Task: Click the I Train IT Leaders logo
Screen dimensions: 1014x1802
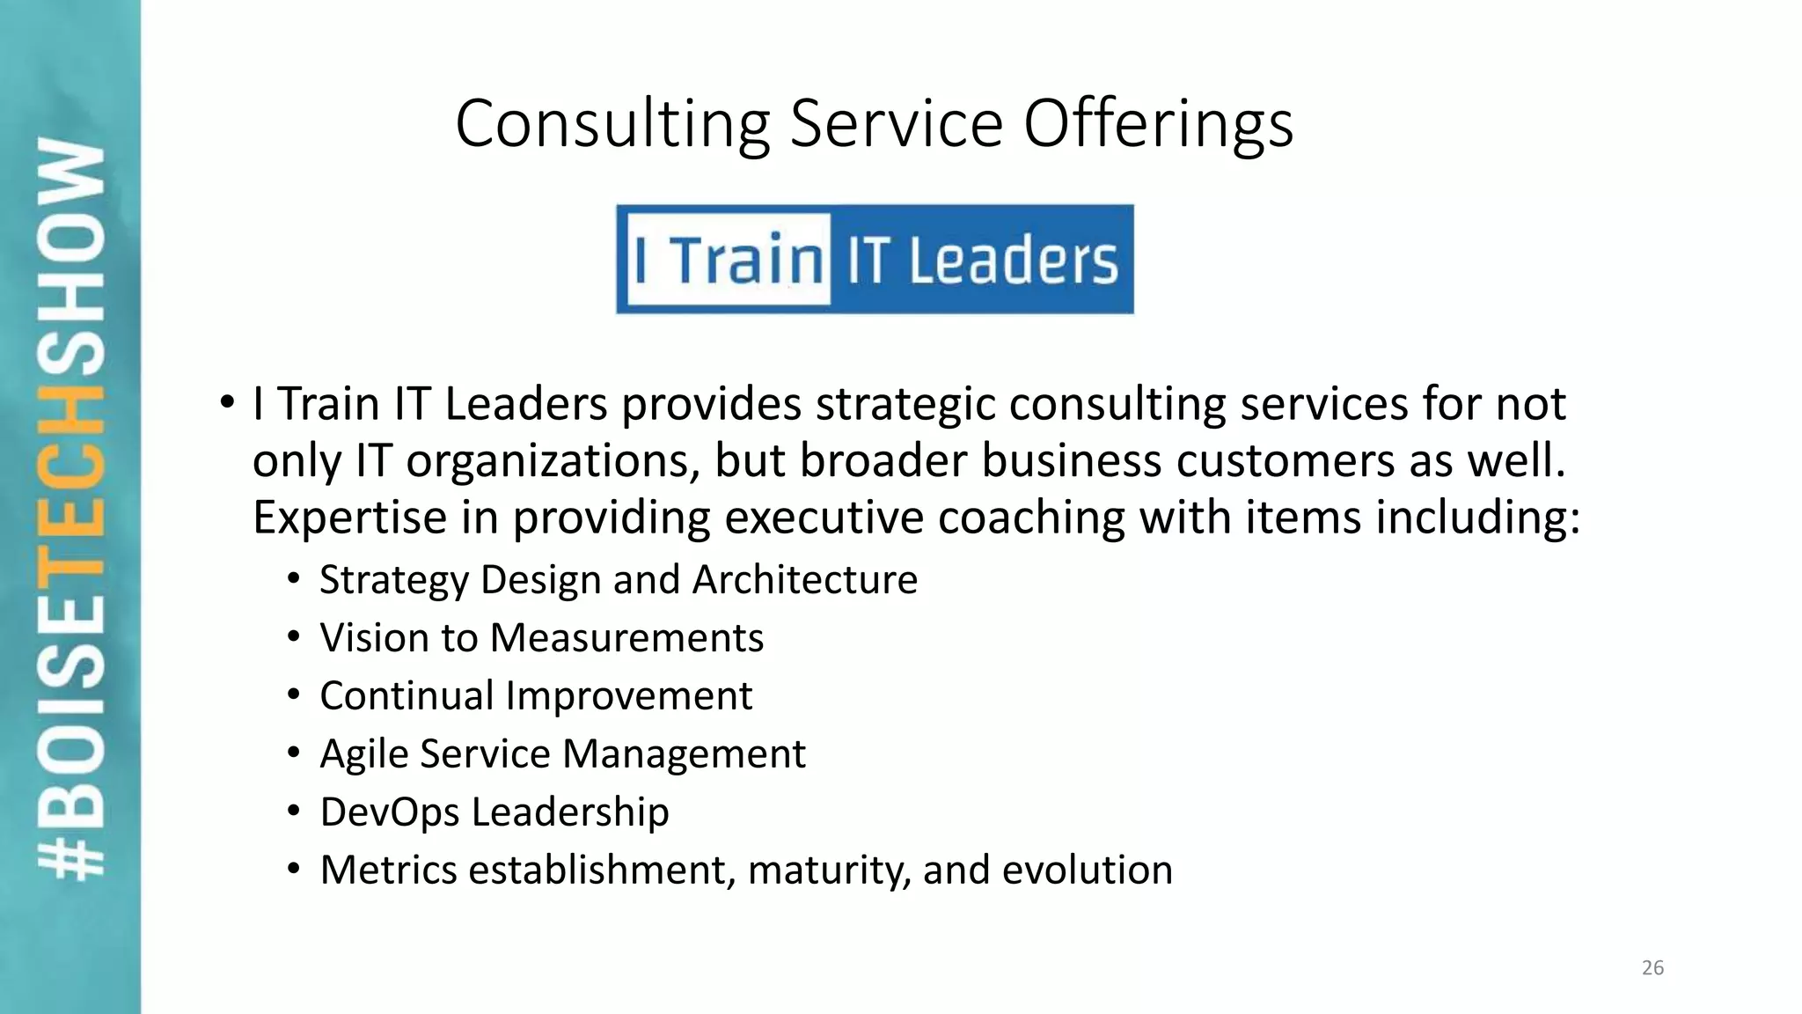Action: (x=875, y=260)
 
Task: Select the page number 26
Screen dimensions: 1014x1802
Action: (x=1652, y=968)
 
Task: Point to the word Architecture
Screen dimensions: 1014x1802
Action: (x=804, y=580)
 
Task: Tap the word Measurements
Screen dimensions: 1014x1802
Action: (x=626, y=638)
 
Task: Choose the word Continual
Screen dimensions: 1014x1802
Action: (x=406, y=696)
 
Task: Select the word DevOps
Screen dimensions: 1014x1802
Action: (x=389, y=812)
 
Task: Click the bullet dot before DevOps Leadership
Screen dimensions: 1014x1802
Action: (x=294, y=812)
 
